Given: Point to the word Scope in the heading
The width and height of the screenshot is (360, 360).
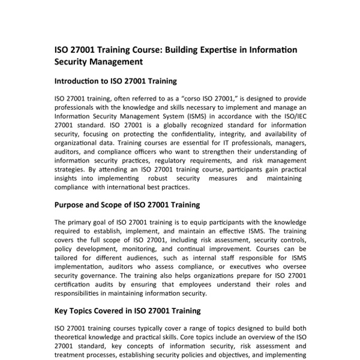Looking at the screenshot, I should click(x=118, y=205).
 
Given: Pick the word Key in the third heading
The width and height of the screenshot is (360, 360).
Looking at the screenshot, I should click(x=62, y=311).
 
